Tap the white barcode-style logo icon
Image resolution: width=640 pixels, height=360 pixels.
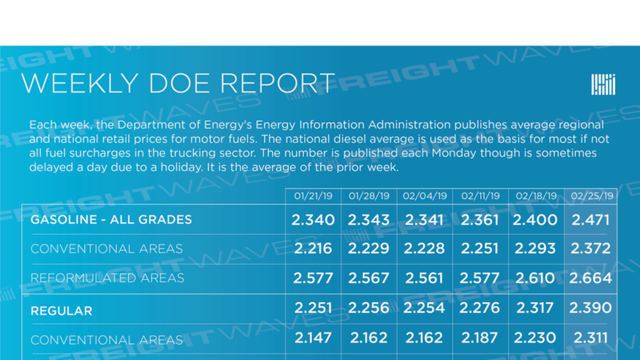[603, 84]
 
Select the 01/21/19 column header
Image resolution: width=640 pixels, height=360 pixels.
[313, 196]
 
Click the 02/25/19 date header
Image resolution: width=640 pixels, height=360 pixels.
[592, 196]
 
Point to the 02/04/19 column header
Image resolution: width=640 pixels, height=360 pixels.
[424, 196]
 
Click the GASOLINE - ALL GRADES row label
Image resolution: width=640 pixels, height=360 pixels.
[111, 220]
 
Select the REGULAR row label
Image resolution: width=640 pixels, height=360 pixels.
[61, 311]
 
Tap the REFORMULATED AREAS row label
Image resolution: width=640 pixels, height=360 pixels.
[108, 278]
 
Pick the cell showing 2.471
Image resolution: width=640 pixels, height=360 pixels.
[591, 220]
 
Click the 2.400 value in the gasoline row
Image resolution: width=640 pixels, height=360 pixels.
[535, 220]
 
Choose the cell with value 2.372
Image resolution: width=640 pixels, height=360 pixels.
[591, 249]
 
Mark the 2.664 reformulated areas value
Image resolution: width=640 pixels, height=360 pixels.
[591, 278]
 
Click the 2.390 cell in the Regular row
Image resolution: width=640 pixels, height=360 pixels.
[591, 308]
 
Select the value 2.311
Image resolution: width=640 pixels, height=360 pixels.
[591, 338]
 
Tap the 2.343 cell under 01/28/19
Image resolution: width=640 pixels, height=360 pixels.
[369, 220]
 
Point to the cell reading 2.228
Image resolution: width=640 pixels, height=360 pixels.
[424, 249]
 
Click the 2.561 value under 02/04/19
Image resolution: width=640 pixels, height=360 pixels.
[424, 278]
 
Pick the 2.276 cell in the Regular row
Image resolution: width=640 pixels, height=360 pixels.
[480, 308]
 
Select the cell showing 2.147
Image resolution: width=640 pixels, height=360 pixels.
[313, 338]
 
